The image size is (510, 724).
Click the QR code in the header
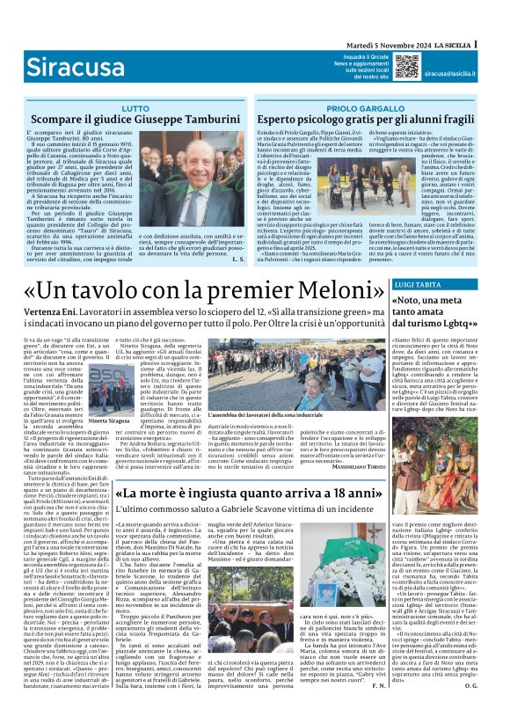406,66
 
